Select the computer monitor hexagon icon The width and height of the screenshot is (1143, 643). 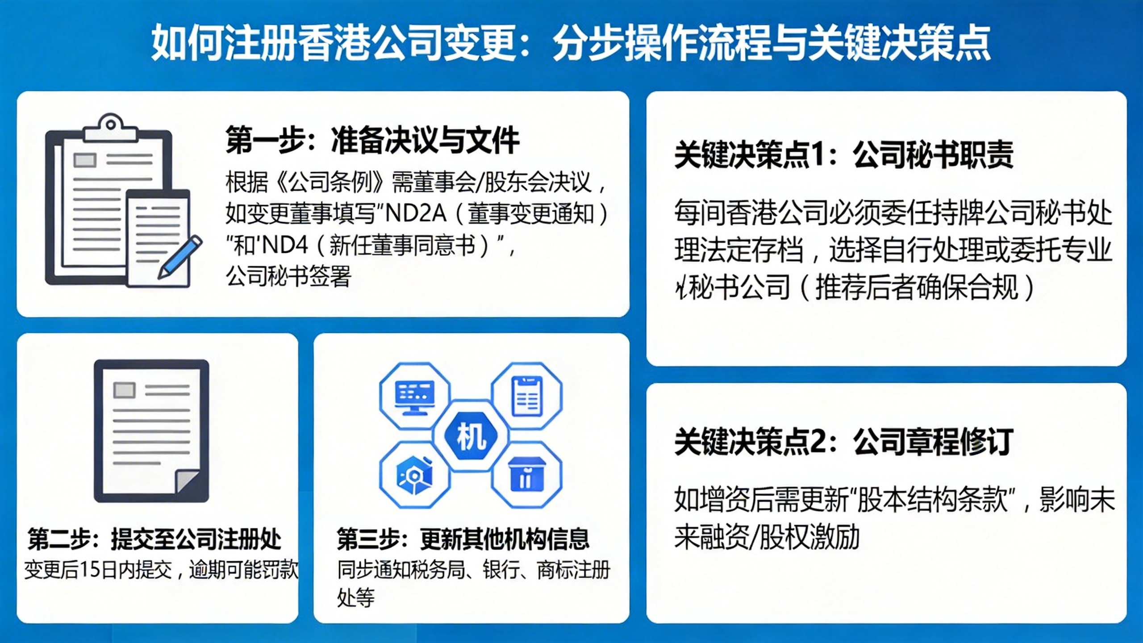415,396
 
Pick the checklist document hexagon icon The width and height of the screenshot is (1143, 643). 527,396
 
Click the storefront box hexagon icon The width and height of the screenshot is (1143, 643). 527,474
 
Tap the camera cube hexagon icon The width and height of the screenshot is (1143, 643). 415,474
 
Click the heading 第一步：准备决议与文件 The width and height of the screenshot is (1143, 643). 373,140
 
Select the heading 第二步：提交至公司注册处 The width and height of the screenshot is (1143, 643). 154,539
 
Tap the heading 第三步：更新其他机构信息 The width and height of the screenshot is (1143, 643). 463,539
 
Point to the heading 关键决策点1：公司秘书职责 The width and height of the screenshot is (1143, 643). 843,155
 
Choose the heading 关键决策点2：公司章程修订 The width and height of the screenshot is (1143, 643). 843,442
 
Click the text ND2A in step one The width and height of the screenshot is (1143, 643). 415,213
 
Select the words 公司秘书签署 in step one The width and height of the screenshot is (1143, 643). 288,276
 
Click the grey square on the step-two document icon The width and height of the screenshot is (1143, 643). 125,390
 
